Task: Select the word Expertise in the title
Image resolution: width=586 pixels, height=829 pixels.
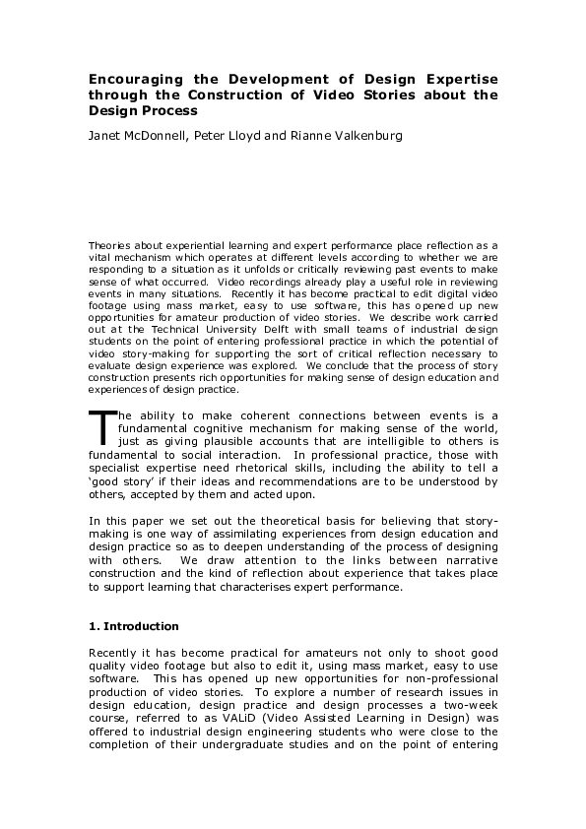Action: (458, 78)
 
